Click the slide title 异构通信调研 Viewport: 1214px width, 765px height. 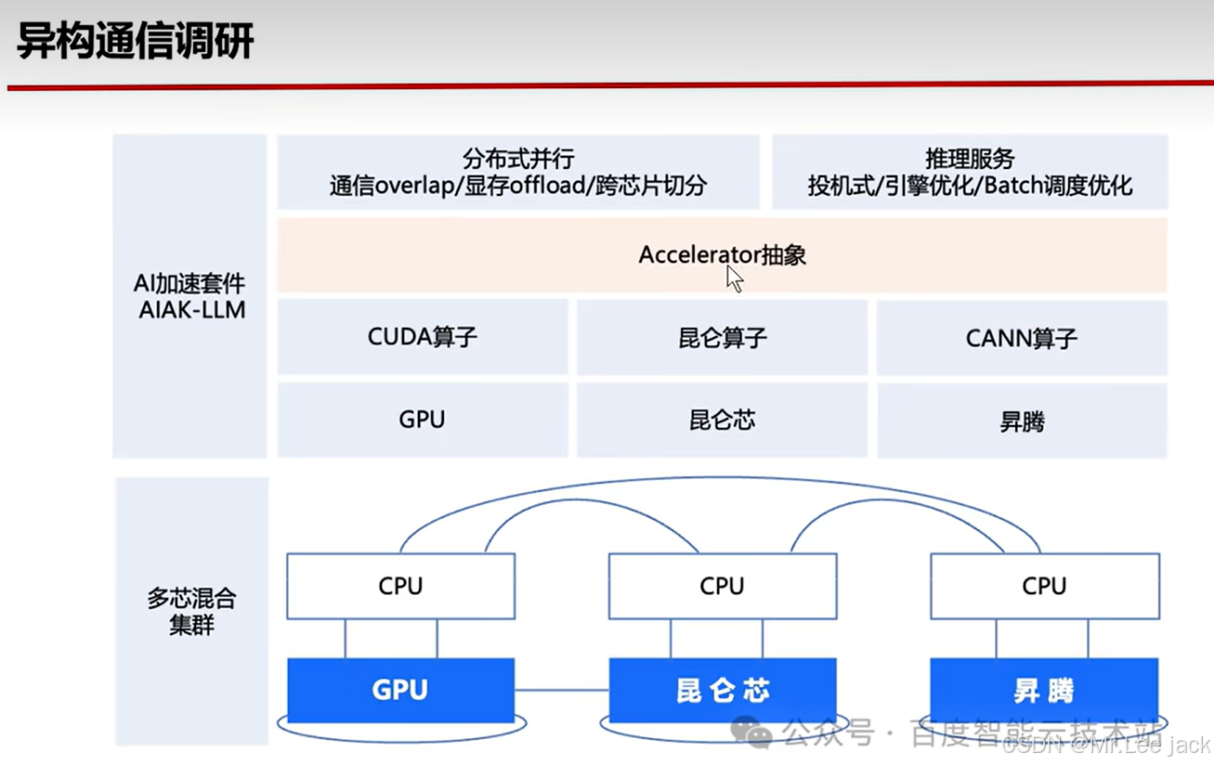coord(136,42)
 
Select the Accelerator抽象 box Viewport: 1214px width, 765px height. coord(722,254)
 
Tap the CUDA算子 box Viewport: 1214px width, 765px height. coord(423,336)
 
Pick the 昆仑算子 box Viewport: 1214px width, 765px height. coord(722,337)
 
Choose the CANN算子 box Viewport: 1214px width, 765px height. coord(1022,338)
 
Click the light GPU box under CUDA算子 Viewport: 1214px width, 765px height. coord(423,420)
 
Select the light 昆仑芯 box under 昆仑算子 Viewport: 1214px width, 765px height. coord(722,421)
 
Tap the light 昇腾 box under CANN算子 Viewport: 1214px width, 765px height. coord(1022,421)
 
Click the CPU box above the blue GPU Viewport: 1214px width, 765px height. coord(400,586)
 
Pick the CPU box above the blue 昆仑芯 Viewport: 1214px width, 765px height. coord(722,586)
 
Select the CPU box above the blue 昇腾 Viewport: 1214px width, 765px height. coord(1044,586)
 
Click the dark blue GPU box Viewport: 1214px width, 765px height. coord(400,690)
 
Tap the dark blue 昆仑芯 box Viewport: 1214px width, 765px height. coord(722,690)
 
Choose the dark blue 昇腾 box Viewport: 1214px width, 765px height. coord(1044,690)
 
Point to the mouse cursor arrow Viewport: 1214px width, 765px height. coord(734,278)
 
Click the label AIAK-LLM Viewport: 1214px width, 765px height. coord(192,310)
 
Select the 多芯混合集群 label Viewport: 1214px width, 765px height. coord(192,610)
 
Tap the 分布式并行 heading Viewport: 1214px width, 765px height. coord(517,159)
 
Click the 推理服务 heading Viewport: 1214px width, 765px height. coord(970,159)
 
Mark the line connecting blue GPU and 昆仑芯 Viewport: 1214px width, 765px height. coord(561,690)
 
